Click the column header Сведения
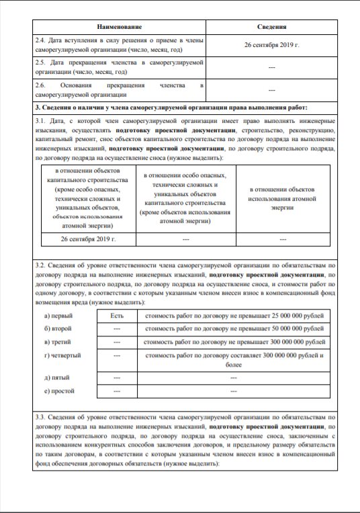pos(273,26)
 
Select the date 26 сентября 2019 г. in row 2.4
pos(273,45)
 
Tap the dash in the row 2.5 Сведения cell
pos(273,67)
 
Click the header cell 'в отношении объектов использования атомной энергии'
pos(283,199)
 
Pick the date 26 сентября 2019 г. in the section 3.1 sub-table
pos(88,238)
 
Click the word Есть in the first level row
pos(117,315)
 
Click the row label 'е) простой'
pos(58,390)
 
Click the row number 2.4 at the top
pos(40,40)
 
